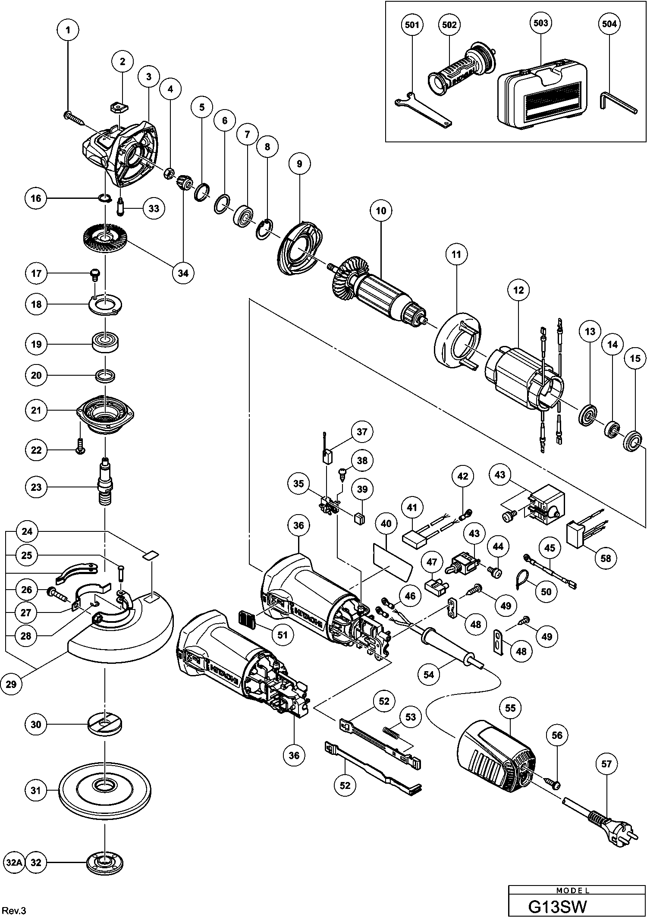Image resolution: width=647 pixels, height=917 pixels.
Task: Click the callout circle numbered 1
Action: click(68, 30)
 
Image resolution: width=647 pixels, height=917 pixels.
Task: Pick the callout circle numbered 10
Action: click(381, 211)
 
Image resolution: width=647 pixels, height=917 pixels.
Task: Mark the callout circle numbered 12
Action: click(518, 290)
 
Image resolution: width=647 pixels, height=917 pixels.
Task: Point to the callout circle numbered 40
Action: click(386, 524)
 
